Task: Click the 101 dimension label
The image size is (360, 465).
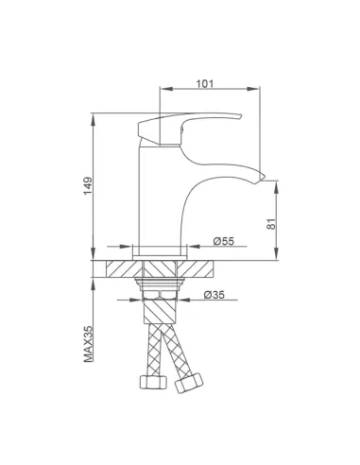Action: (205, 84)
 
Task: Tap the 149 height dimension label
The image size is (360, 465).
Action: (88, 186)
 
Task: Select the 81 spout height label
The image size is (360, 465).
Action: (271, 224)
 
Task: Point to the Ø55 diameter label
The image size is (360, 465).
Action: (224, 241)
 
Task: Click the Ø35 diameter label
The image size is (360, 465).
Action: (214, 295)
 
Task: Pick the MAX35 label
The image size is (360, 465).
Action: (89, 344)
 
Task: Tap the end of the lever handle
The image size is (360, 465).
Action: (240, 116)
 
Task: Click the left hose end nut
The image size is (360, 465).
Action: (153, 382)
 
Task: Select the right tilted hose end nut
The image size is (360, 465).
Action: (189, 383)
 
